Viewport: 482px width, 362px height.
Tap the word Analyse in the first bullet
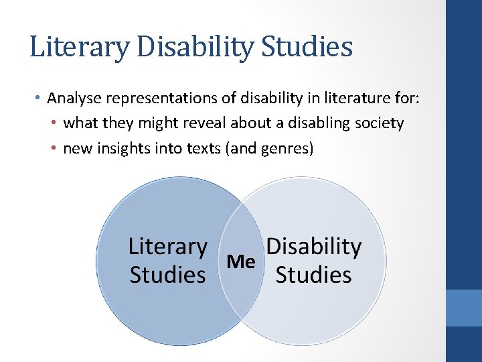(x=73, y=99)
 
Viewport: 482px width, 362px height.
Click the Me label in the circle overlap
(x=241, y=261)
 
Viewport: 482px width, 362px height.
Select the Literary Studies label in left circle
(x=167, y=261)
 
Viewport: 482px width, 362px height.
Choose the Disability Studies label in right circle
(x=313, y=261)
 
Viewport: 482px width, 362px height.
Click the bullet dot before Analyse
(x=38, y=99)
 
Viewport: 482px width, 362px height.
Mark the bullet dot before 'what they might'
(x=54, y=124)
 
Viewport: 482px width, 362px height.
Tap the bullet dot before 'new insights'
(x=54, y=149)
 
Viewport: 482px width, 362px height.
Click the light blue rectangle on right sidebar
(x=463, y=308)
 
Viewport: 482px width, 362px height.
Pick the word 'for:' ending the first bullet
(x=408, y=99)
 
